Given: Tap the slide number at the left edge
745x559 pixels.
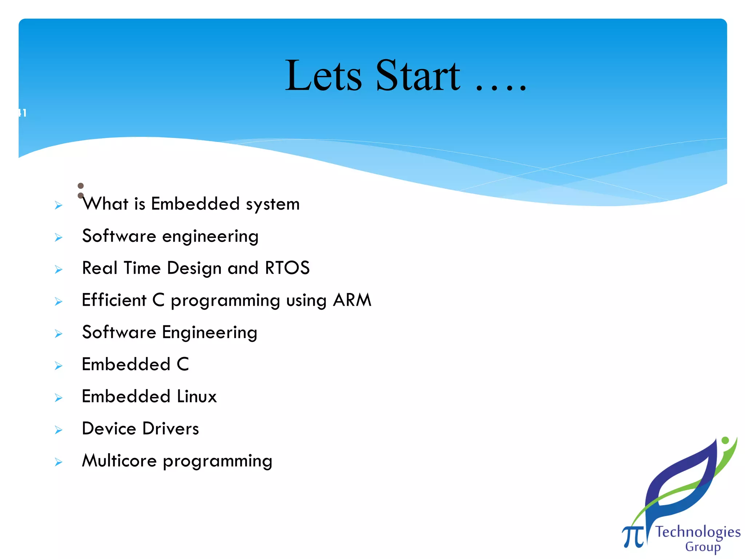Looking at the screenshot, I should tap(23, 113).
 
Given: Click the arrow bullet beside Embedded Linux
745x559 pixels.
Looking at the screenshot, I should tap(59, 398).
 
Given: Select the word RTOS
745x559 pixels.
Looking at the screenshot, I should tap(287, 268).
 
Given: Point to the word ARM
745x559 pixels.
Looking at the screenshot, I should tap(352, 300).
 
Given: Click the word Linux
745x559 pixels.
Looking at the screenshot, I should tap(196, 396).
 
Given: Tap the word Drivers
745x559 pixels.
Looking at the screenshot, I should tap(171, 429).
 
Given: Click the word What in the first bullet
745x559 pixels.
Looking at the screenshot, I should tap(105, 204).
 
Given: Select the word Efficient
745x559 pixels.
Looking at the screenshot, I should tap(114, 300).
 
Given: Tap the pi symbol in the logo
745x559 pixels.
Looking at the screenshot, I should tap(633, 536).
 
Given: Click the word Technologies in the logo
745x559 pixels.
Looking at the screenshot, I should tap(698, 532).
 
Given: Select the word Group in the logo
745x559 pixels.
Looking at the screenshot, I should tap(702, 547).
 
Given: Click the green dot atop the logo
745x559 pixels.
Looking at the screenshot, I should tap(725, 440).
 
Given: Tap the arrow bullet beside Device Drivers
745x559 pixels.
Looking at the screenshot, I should tap(59, 430).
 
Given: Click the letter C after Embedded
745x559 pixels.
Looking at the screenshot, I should tap(183, 364).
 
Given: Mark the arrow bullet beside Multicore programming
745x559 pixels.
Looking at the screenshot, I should tap(59, 462).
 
